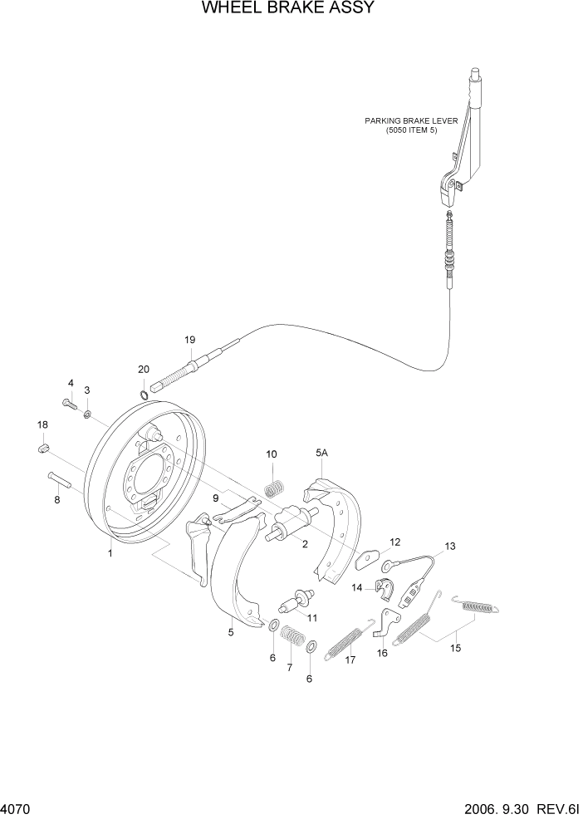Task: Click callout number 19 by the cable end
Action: point(190,340)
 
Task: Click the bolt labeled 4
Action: point(69,404)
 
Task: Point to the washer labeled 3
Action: point(88,411)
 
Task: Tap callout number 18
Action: point(42,425)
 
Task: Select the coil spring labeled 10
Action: point(271,483)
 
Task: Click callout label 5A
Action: point(321,454)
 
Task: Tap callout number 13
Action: point(450,547)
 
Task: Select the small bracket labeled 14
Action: point(386,587)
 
